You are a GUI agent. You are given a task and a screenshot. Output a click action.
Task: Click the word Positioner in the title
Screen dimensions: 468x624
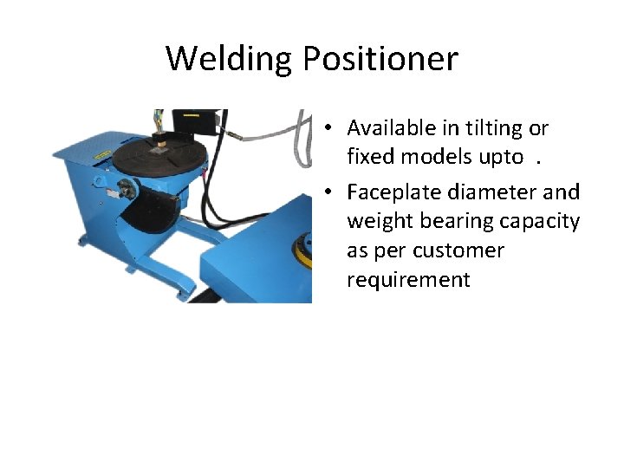click(380, 59)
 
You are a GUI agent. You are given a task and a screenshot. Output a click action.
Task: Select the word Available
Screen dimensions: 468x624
click(388, 128)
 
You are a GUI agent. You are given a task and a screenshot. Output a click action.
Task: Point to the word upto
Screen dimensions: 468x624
click(500, 157)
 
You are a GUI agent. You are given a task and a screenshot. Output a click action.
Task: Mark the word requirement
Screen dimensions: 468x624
click(408, 280)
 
